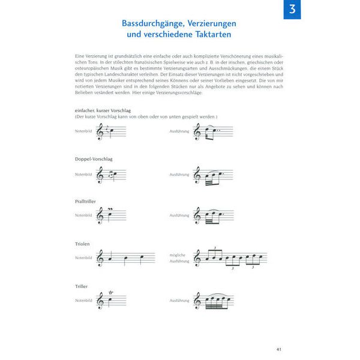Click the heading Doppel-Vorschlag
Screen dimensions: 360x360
(x=94, y=159)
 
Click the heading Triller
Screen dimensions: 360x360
(x=82, y=287)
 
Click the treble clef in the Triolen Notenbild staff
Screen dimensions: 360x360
(x=100, y=259)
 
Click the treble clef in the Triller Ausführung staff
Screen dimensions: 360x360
(x=197, y=300)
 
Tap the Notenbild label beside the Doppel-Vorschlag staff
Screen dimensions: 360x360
(x=83, y=174)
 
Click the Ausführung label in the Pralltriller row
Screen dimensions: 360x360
(x=179, y=215)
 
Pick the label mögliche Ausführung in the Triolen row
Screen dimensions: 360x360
(x=179, y=258)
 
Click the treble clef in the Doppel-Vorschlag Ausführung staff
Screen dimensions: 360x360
(x=197, y=175)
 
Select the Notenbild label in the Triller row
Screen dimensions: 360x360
(x=83, y=300)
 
